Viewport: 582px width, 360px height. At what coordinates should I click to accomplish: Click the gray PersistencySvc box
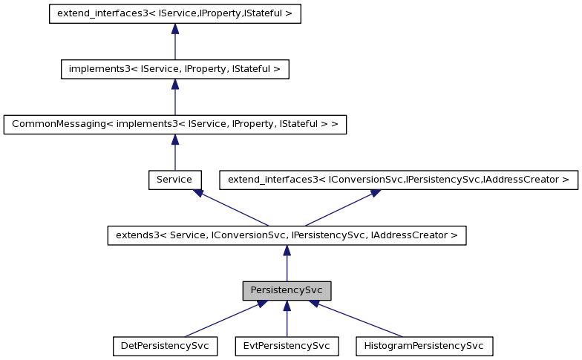287,290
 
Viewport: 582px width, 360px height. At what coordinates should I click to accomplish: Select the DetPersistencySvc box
165,346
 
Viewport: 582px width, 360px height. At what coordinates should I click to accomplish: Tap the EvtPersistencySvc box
287,346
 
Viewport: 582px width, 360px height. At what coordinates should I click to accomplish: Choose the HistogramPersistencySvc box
425,346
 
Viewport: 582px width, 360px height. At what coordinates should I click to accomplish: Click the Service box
174,180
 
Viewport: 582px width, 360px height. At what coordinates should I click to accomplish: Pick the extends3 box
287,235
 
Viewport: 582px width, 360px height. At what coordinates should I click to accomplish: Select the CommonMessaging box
174,124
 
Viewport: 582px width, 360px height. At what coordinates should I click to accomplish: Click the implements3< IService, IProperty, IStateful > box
174,69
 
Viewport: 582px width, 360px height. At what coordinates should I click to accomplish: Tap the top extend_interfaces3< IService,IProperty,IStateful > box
174,14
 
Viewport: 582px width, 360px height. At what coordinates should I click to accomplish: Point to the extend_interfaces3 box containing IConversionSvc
398,180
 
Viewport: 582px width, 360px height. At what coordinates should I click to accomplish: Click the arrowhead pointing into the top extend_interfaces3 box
174,29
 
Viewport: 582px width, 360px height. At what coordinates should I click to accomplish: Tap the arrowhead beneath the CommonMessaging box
174,140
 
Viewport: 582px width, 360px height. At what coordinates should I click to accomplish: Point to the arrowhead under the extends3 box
287,251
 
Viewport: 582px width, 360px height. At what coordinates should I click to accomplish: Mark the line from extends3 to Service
234,209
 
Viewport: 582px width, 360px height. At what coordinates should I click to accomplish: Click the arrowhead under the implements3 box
174,84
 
